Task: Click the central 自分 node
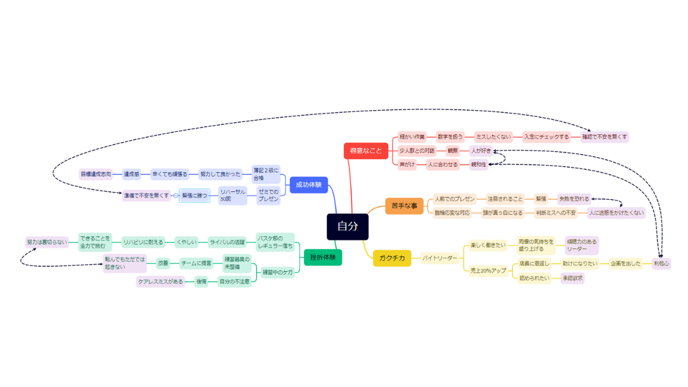pos(347,226)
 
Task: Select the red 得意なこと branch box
pos(365,151)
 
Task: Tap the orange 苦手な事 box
pos(404,206)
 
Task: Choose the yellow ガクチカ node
pos(392,258)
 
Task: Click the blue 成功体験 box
pos(308,185)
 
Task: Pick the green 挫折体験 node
pos(323,257)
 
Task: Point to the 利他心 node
pos(661,263)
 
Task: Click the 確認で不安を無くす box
pos(604,137)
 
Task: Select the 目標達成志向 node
pos(96,173)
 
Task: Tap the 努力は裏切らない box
pos(47,242)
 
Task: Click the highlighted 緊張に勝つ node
pos(195,196)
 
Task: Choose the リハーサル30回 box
pos(232,196)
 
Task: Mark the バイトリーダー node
pos(440,258)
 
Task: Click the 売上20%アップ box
pos(488,270)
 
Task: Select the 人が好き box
pos(480,151)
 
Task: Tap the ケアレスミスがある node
pos(161,282)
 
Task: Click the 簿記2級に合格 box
pos(266,174)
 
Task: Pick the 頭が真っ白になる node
pos(502,213)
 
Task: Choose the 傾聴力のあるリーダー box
pos(581,245)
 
